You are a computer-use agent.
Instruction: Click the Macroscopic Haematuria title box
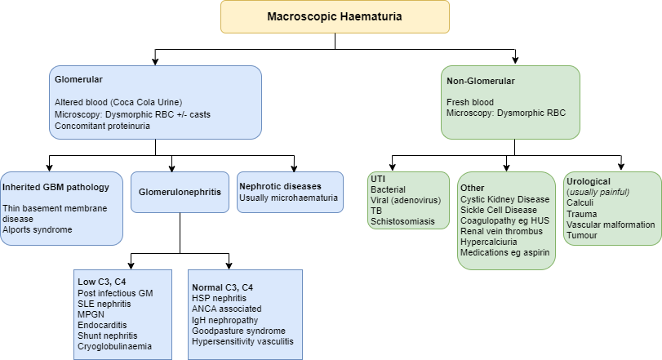point(335,16)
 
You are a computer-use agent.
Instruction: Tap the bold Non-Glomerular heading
point(481,81)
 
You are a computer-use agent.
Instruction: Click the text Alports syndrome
point(37,229)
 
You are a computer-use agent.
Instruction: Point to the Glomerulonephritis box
point(179,193)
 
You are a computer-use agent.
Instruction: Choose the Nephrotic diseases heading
point(280,185)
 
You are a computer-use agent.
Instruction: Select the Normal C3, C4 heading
point(222,287)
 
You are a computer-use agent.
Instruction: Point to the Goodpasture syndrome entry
point(237,331)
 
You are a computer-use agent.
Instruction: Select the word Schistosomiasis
point(404,221)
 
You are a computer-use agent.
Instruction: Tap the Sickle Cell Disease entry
point(499,210)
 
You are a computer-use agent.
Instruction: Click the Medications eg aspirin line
point(505,252)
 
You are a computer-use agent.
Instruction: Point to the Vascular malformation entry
point(611,224)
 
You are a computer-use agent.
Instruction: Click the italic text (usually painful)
point(598,192)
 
